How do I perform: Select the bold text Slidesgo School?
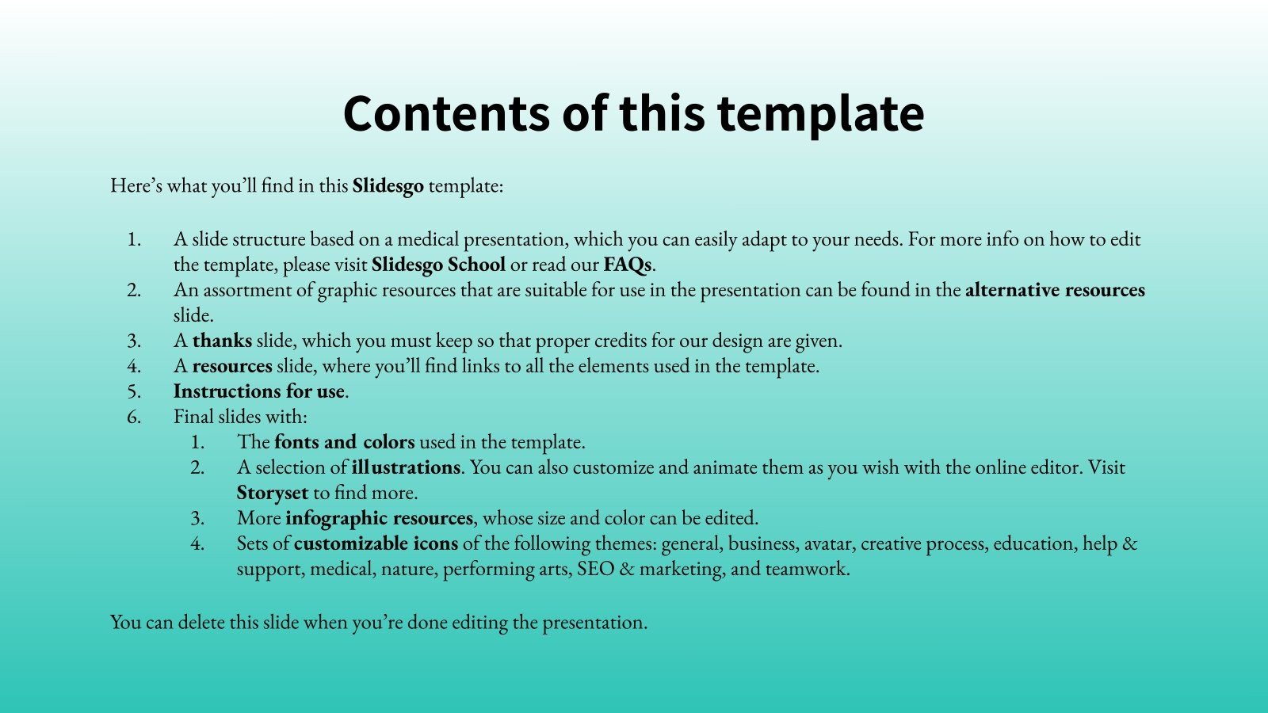(x=438, y=265)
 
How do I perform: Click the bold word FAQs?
(x=628, y=265)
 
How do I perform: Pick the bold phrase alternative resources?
(x=1055, y=290)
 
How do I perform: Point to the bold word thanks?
(x=222, y=341)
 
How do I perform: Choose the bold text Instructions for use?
(x=259, y=391)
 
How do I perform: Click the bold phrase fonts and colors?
(x=344, y=442)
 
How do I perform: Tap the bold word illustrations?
(x=405, y=467)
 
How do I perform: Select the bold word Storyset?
(x=272, y=493)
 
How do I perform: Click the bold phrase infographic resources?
(x=379, y=518)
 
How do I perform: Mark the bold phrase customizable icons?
(x=376, y=543)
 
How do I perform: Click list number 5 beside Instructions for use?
(x=134, y=391)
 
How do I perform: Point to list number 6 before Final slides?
(x=134, y=417)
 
